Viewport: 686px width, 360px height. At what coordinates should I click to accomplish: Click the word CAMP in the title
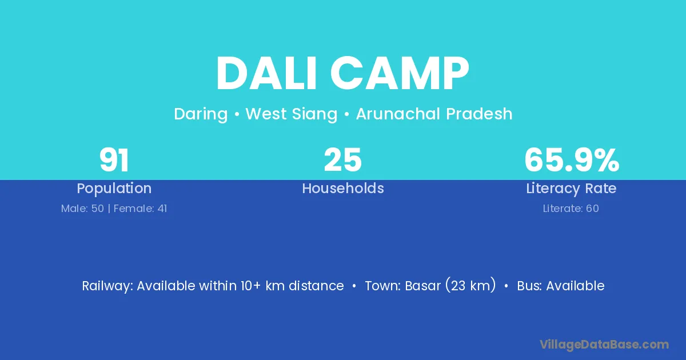coord(400,73)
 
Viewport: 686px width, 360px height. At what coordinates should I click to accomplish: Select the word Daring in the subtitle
coord(201,114)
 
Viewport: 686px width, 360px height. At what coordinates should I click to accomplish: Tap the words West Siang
coord(291,114)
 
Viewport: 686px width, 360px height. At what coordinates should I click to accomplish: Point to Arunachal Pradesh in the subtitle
coord(434,114)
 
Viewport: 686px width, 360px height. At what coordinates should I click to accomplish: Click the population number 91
coord(114,160)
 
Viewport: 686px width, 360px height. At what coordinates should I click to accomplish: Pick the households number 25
coord(342,160)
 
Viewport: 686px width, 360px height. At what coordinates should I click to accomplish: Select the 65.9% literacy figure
coord(572,160)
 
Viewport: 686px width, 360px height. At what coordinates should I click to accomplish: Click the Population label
coord(114,189)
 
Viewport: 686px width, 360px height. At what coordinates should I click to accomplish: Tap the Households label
coord(343,188)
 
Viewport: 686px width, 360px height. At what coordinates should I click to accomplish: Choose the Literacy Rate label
coord(571,189)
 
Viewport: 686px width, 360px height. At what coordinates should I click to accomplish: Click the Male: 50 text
coord(82,209)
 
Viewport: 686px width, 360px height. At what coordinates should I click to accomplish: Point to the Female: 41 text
coord(140,209)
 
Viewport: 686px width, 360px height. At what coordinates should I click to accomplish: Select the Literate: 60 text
coord(571,209)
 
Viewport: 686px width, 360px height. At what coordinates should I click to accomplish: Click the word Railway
coord(107,286)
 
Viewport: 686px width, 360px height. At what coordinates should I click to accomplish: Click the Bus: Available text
coord(561,286)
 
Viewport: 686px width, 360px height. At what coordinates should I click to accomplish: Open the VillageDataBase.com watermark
coord(604,345)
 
